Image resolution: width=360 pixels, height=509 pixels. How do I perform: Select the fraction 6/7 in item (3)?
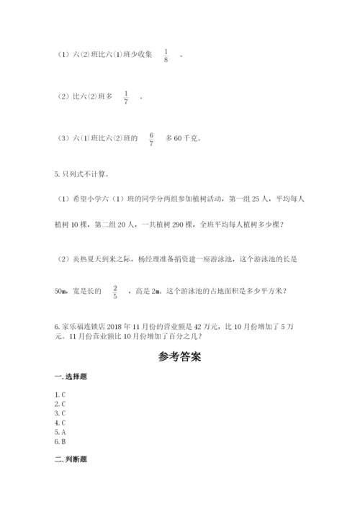click(151, 139)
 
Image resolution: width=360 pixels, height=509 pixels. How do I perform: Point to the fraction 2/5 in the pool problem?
click(114, 291)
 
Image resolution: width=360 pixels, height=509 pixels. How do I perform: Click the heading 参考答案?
click(179, 356)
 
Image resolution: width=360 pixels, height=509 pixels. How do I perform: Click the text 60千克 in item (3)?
click(186, 139)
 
